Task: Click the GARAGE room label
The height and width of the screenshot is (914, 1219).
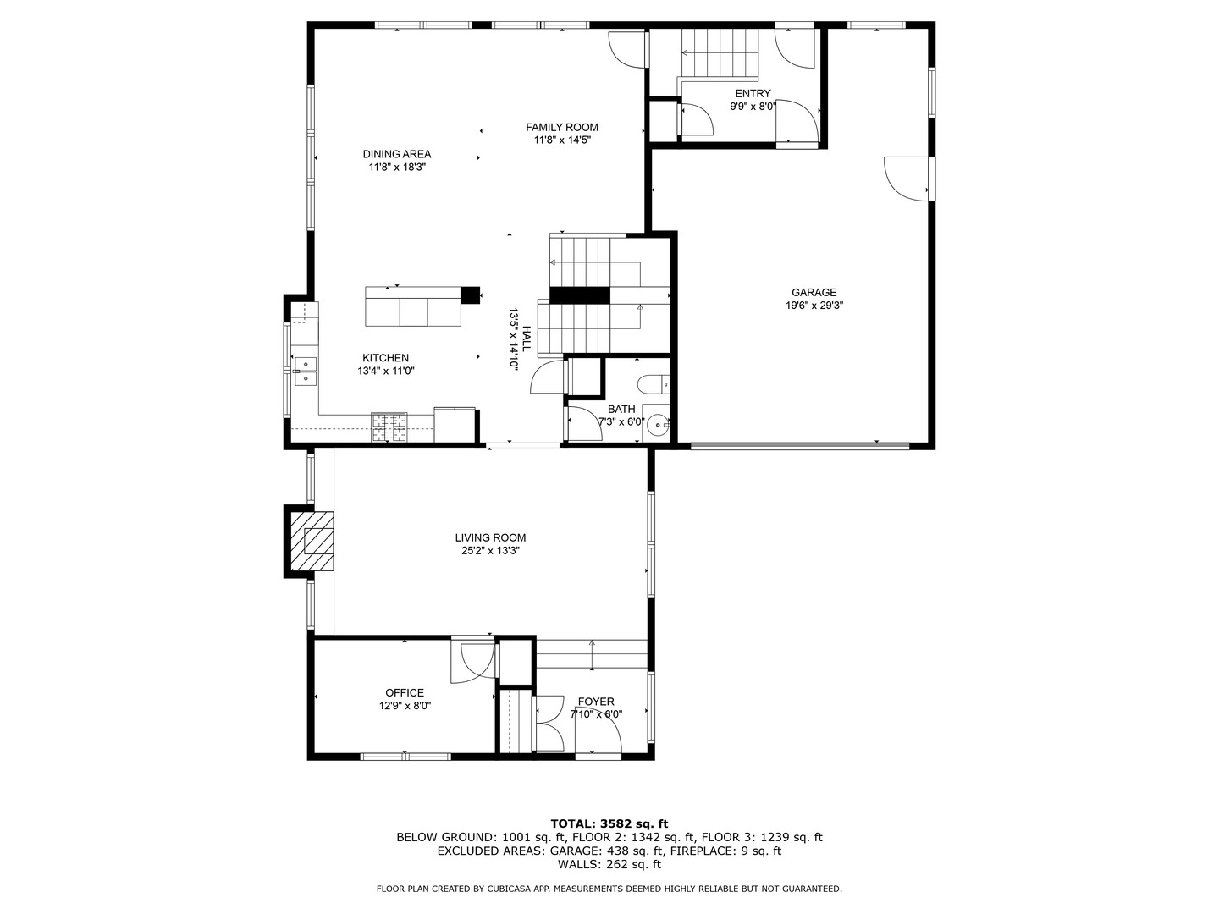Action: click(814, 293)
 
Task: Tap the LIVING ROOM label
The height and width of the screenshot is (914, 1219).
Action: click(490, 537)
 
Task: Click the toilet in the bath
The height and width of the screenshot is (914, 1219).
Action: click(654, 385)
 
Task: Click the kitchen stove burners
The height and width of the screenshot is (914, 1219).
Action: click(389, 427)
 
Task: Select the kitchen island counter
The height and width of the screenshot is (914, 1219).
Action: click(413, 306)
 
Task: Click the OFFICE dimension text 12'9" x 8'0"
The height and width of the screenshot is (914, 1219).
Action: click(405, 706)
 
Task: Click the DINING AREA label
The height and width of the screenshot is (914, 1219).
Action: click(397, 154)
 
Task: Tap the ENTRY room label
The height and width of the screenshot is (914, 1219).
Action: click(753, 94)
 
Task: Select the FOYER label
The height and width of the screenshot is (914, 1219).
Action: click(596, 702)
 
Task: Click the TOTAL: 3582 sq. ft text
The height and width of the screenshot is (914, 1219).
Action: click(609, 823)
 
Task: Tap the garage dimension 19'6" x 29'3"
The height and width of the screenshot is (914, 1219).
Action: click(814, 306)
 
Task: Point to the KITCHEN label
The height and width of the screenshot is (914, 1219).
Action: click(385, 358)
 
